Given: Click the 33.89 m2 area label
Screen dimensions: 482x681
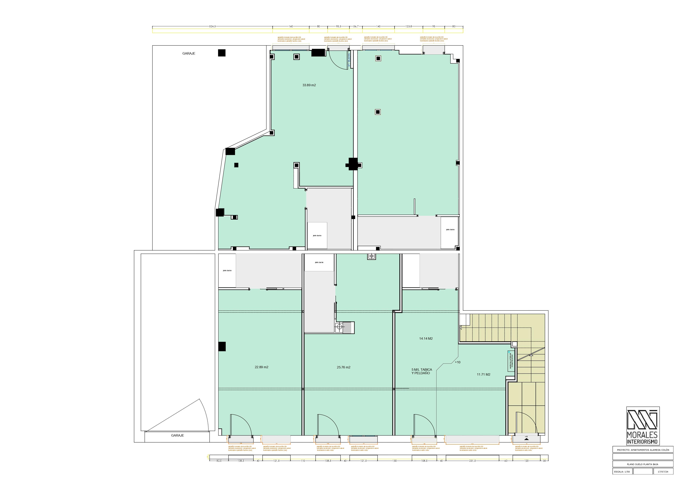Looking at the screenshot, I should click(x=309, y=85).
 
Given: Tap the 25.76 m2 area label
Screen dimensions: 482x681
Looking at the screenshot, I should click(x=344, y=367).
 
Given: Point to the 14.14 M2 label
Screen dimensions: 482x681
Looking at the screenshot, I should click(x=426, y=338).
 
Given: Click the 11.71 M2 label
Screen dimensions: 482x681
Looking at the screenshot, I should click(x=483, y=375).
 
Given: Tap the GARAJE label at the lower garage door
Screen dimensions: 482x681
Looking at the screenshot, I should click(x=177, y=435).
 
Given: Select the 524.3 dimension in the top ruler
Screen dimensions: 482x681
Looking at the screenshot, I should click(x=212, y=26).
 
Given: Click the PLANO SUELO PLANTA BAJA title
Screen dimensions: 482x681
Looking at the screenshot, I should click(x=642, y=464).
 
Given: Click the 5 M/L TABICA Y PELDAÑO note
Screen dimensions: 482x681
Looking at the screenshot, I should click(x=422, y=371).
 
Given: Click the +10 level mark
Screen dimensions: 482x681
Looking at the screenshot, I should click(x=458, y=362).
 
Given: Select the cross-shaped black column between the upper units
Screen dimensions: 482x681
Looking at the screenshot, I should click(x=353, y=164).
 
